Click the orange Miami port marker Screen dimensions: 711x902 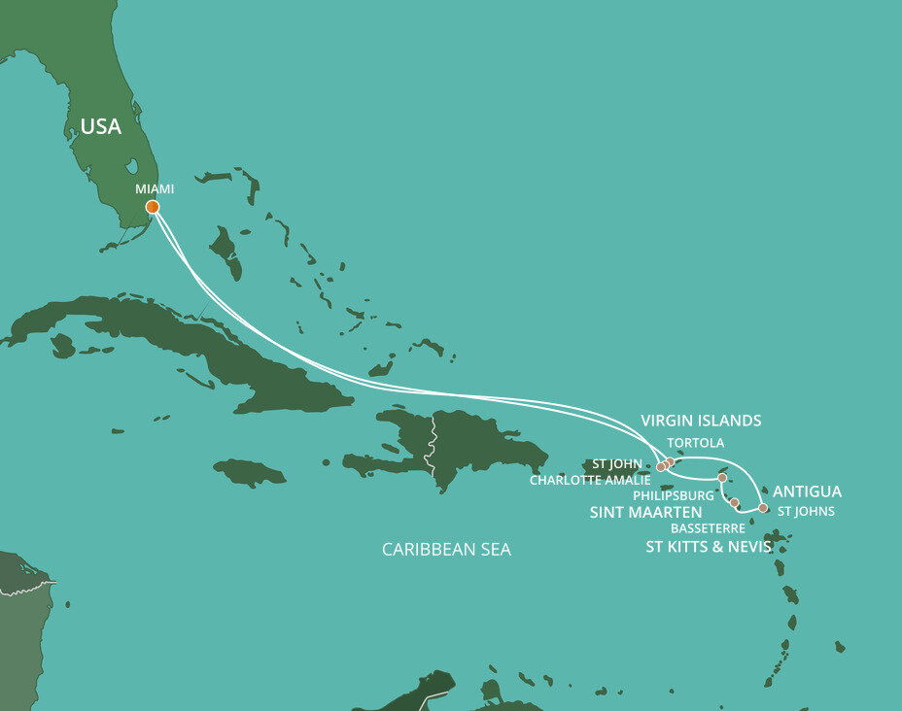click(153, 207)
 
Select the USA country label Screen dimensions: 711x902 click(101, 127)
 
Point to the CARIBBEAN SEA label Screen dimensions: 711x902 click(446, 550)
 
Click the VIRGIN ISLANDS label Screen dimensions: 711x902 click(701, 421)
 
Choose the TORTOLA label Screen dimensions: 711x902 click(695, 443)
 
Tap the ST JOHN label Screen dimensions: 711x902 click(617, 463)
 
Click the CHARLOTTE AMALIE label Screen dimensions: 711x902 click(591, 480)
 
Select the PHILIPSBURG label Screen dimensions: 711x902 click(673, 495)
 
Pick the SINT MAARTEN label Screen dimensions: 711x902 click(646, 512)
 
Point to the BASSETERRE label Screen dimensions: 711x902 click(708, 528)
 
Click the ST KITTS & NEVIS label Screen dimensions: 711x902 click(709, 547)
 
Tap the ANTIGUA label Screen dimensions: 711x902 click(807, 491)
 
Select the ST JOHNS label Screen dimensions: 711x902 click(806, 511)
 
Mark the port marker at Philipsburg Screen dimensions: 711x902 click(722, 478)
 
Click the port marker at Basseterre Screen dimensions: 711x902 click(734, 503)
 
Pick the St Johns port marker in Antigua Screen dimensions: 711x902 click(763, 508)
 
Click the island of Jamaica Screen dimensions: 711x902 click(249, 473)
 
